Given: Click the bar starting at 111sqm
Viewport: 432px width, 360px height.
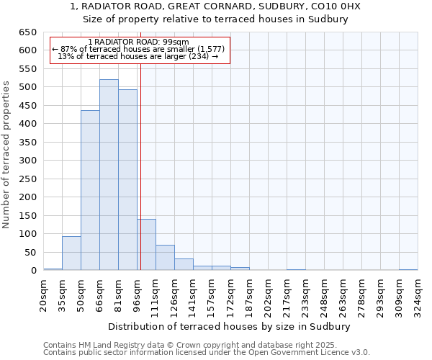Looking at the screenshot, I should click(165, 258).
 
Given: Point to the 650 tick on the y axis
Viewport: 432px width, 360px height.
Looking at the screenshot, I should click(27, 32).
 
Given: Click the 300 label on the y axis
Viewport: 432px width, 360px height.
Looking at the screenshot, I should click(27, 161).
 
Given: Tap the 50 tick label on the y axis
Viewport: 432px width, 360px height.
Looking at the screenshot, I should click(30, 252).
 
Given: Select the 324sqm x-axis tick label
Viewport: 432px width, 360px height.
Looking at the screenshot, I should click(418, 295).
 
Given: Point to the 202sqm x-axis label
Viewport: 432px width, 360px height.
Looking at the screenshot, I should click(268, 295).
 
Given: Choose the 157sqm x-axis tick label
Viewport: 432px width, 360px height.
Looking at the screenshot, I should click(212, 295).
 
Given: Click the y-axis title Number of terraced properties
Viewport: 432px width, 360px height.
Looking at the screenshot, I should click(7, 154).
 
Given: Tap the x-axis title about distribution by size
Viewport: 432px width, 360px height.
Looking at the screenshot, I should click(233, 327).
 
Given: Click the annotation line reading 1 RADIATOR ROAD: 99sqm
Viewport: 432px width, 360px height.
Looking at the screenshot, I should click(138, 42).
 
